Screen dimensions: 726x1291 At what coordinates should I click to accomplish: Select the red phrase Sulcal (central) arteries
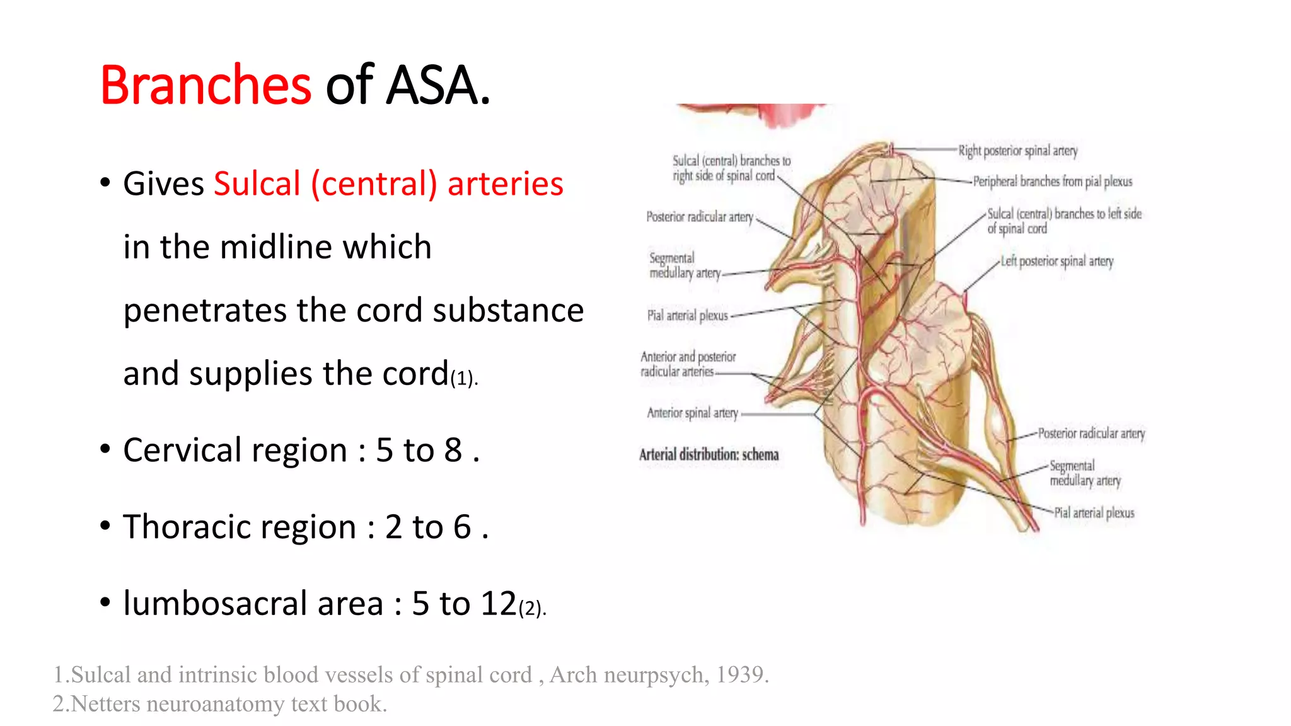(x=388, y=184)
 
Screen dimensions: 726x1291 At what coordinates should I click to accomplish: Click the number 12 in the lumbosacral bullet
(x=499, y=604)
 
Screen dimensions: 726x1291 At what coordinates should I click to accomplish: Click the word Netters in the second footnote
(x=105, y=704)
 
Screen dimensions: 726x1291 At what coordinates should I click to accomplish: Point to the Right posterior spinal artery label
(x=1018, y=151)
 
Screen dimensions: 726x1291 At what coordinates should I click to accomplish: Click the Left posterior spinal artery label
(x=1057, y=261)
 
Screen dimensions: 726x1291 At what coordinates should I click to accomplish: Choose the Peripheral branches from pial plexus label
(x=1052, y=181)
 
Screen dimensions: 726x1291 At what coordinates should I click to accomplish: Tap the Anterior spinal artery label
(x=692, y=413)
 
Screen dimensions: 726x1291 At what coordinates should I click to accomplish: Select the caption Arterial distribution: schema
(x=709, y=454)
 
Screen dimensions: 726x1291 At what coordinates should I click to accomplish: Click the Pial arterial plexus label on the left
(x=687, y=315)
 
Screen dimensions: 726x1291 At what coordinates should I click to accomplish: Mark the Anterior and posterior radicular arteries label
(x=688, y=364)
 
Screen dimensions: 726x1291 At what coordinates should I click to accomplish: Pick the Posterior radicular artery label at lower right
(x=1091, y=434)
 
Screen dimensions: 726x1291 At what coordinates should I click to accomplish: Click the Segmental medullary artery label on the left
(x=684, y=265)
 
